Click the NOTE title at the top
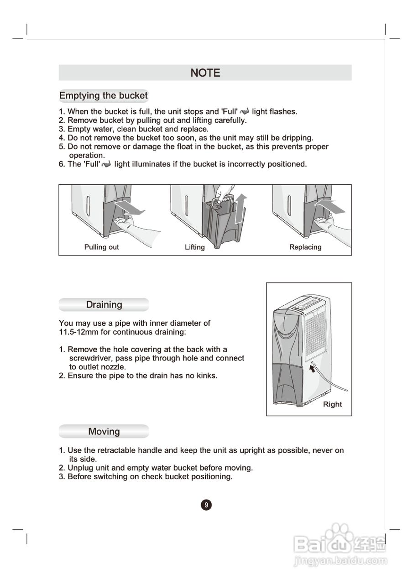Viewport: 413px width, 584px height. [x=205, y=73]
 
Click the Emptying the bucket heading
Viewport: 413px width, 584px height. [x=104, y=96]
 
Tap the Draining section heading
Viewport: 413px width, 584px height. [x=104, y=305]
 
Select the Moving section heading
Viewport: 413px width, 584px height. [x=104, y=432]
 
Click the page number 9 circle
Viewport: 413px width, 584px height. [x=206, y=505]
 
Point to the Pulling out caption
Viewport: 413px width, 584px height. [x=101, y=247]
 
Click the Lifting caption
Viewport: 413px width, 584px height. [x=195, y=247]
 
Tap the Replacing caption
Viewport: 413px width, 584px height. [x=305, y=247]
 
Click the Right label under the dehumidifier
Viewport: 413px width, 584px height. [x=332, y=404]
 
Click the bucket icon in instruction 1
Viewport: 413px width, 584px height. [x=245, y=112]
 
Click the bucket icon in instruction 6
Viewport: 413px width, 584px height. [x=107, y=165]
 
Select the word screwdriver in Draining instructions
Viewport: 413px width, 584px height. [x=91, y=359]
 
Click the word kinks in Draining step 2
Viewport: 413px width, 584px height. [x=206, y=376]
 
